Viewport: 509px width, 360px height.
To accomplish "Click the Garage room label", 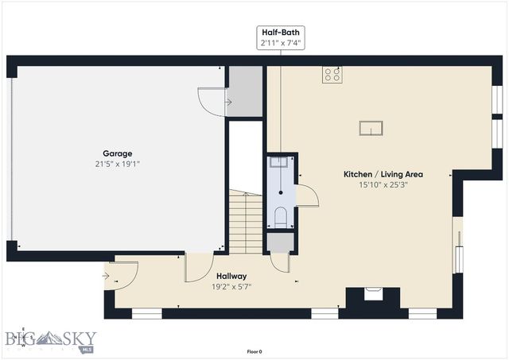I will [117, 153].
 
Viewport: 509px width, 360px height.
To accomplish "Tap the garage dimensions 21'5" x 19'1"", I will [117, 164].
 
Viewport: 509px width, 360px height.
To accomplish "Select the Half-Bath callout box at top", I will [280, 37].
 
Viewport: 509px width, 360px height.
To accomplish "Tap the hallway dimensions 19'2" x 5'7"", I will [231, 287].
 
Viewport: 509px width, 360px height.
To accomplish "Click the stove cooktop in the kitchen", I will [332, 75].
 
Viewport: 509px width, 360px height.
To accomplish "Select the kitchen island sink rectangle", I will [371, 128].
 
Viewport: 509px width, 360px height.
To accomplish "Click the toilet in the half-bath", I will [280, 216].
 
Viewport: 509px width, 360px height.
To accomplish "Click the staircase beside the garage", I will [247, 221].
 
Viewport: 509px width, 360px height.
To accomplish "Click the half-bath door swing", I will [307, 195].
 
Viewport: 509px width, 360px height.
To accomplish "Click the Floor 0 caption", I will [254, 350].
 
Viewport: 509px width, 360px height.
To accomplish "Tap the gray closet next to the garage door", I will [245, 91].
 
